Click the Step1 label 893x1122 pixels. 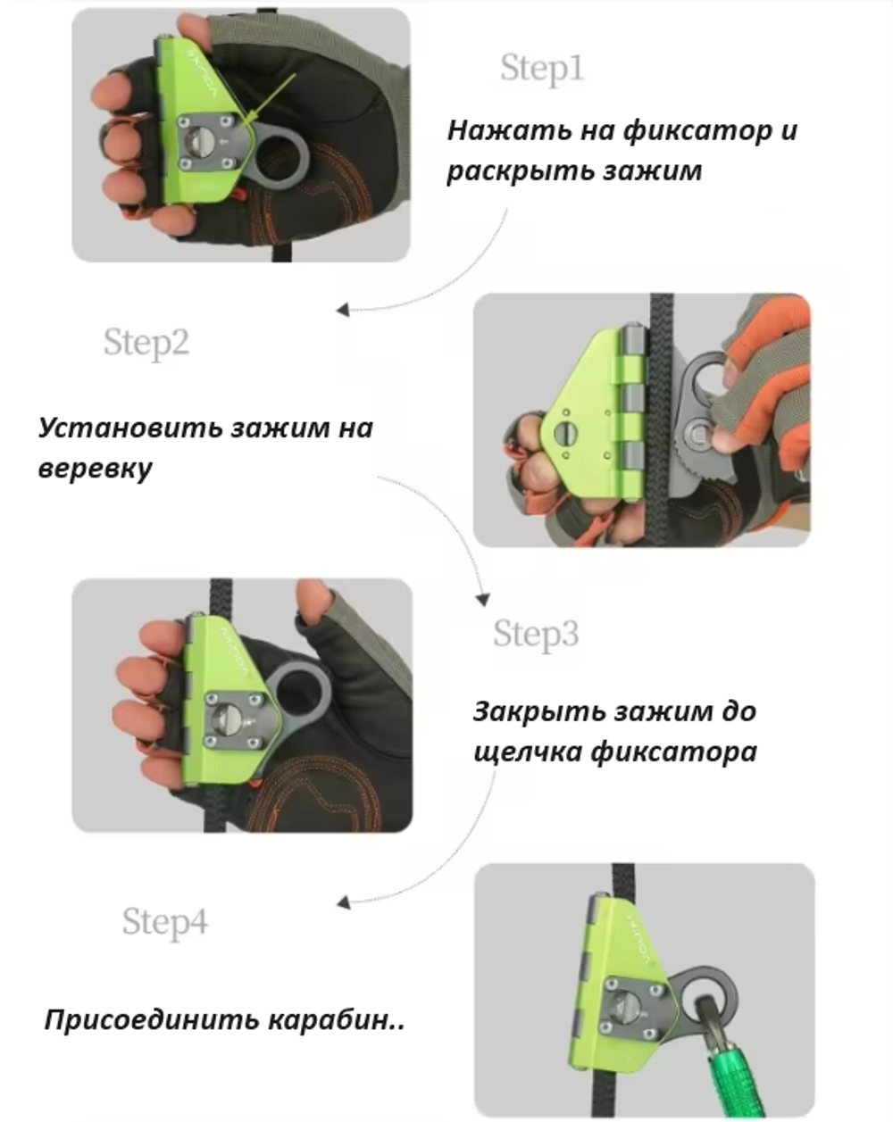(541, 68)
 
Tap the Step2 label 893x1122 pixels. (146, 343)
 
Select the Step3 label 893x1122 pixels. (536, 633)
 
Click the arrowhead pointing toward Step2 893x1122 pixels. (343, 311)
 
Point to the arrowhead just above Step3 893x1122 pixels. (483, 600)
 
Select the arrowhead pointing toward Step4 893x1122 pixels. (343, 902)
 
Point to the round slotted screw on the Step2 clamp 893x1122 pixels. (566, 434)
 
